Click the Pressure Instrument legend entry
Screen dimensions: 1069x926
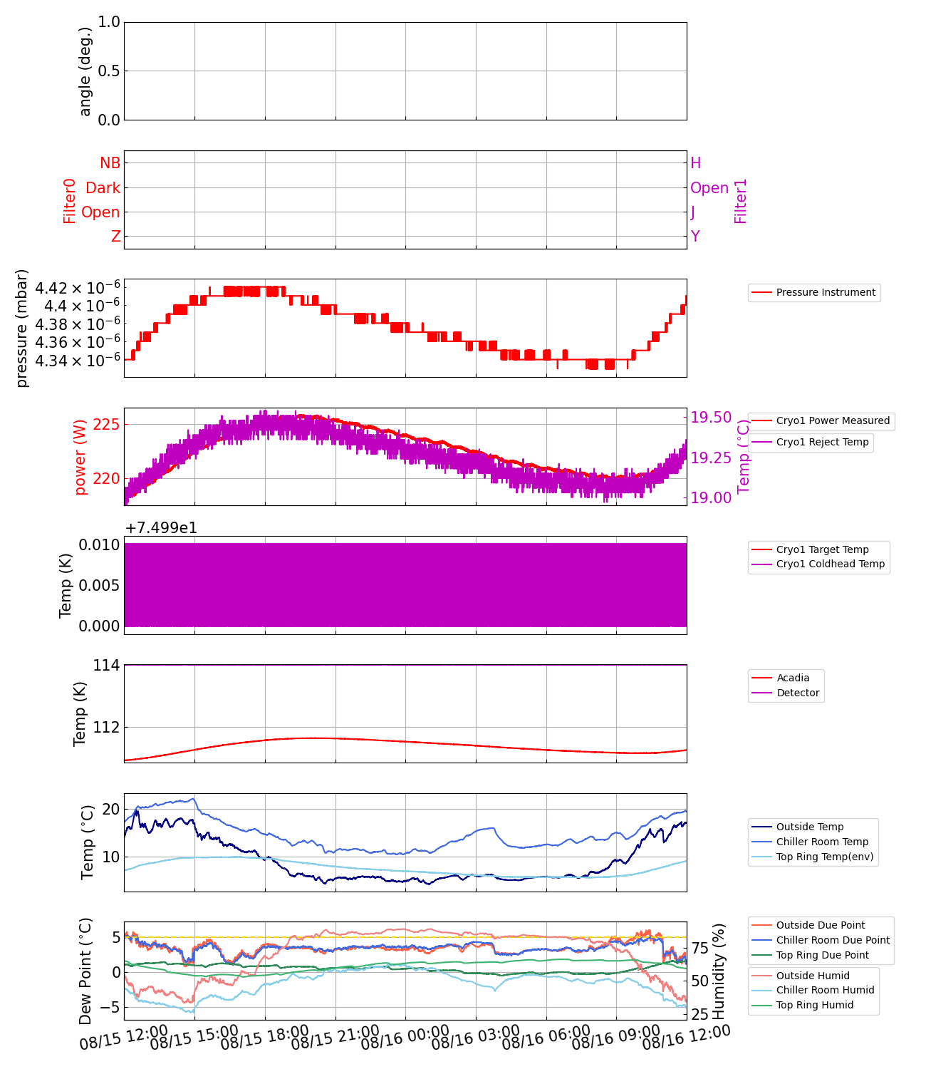825,292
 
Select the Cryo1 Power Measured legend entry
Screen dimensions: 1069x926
832,421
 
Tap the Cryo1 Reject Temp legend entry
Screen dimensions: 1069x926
822,443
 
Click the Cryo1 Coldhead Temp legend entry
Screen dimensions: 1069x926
830,564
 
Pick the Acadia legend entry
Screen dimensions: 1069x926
792,678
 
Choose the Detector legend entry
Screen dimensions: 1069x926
797,693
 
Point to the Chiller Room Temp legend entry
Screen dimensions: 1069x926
822,842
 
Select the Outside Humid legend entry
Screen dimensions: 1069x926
812,976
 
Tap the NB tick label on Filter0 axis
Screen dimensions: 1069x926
110,163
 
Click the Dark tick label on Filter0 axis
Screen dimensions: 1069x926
103,188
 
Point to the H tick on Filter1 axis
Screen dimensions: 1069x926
696,163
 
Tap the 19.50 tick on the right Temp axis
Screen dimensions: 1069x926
711,418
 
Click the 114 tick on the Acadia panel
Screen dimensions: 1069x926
106,666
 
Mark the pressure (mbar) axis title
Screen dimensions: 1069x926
22,329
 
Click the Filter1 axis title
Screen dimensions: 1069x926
741,201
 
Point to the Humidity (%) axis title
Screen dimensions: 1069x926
719,971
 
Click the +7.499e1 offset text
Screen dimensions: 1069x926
161,528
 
